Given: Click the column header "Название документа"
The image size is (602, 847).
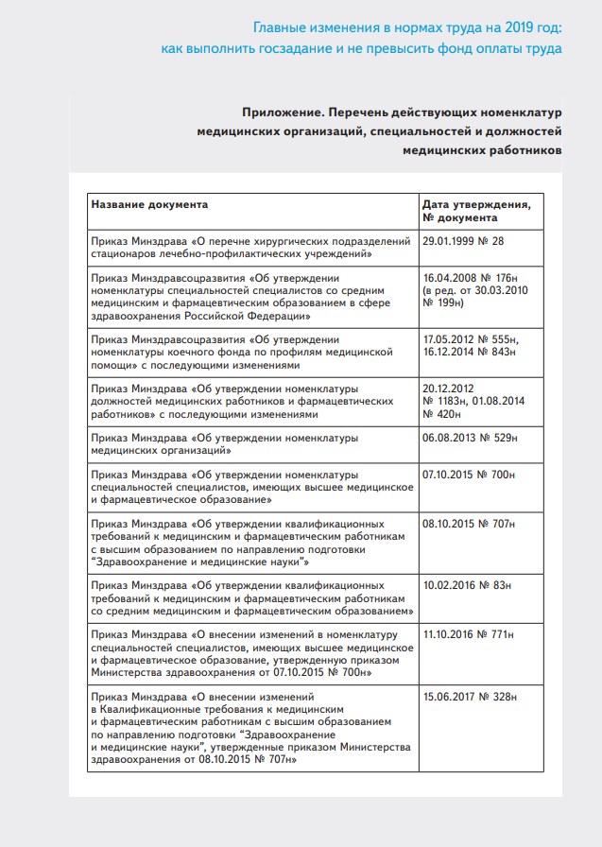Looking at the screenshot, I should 149,204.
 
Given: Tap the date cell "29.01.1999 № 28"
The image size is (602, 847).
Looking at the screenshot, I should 463,242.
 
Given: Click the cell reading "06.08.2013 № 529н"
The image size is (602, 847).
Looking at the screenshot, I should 470,439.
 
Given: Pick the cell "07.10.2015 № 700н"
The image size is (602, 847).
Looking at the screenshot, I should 470,475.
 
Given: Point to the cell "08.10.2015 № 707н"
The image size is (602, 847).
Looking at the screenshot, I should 470,523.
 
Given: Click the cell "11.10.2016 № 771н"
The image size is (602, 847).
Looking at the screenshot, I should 470,632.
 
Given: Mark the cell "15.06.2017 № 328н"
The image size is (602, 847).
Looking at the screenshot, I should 470,696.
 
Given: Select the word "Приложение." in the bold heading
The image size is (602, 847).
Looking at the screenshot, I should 278,112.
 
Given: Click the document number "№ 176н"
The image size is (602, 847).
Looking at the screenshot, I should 501,279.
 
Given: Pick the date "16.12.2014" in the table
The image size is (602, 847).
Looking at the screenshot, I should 451,352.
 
